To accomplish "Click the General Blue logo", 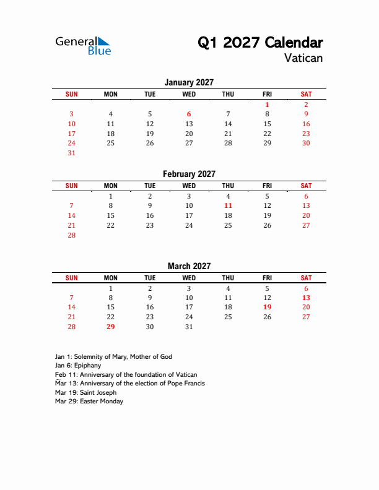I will (83, 45).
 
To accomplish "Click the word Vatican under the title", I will (303, 59).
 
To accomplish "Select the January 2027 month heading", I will (189, 82).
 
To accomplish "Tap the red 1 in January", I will (267, 105).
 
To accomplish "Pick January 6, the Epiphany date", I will (189, 114).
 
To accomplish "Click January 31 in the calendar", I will (71, 153).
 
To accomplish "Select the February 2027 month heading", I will (189, 174).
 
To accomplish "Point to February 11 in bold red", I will (228, 205).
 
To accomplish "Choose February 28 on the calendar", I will (71, 235).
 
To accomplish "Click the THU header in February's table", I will (228, 186).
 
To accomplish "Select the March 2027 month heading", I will (189, 266).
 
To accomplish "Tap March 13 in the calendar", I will (306, 298).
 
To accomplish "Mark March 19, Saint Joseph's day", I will (267, 307).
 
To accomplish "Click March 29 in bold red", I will (110, 327).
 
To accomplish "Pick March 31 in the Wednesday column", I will (189, 327).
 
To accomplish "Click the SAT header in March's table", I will (306, 278).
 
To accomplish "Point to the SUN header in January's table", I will (71, 94).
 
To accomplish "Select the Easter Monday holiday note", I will (89, 402).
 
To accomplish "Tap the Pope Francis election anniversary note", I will (129, 384).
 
